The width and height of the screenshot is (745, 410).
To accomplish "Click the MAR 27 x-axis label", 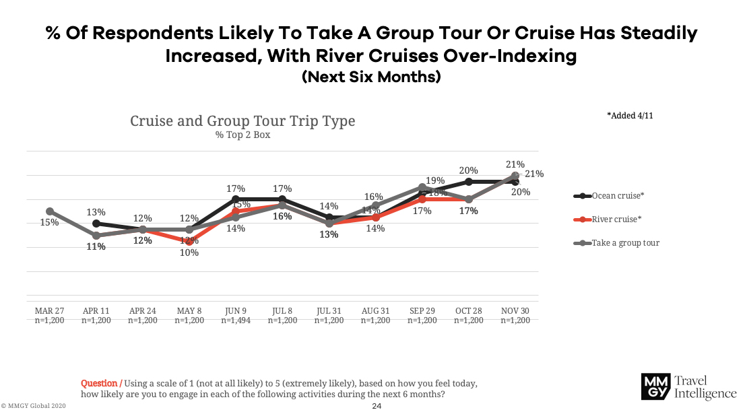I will pyautogui.click(x=49, y=310).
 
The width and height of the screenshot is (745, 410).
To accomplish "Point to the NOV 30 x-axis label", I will pyautogui.click(x=515, y=310).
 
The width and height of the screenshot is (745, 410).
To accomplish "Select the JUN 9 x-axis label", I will pyautogui.click(x=236, y=310).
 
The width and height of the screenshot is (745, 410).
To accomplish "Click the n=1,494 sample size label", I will pyautogui.click(x=236, y=320).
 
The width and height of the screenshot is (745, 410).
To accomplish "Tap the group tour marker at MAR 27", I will pyautogui.click(x=50, y=211).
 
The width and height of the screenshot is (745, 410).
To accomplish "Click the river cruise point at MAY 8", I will pyautogui.click(x=189, y=241).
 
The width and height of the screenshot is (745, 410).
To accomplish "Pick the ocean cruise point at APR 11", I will pyautogui.click(x=96, y=224).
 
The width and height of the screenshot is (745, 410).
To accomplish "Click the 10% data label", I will pyautogui.click(x=189, y=252).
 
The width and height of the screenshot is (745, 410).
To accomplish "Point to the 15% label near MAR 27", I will pyautogui.click(x=49, y=222).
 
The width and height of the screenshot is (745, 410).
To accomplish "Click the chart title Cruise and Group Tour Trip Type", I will pyautogui.click(x=242, y=121).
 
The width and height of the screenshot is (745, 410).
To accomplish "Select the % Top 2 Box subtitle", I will pyautogui.click(x=242, y=135).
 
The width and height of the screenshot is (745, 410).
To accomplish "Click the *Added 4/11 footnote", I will pyautogui.click(x=630, y=116).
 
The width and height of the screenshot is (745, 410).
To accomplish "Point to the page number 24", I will pyautogui.click(x=377, y=406).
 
